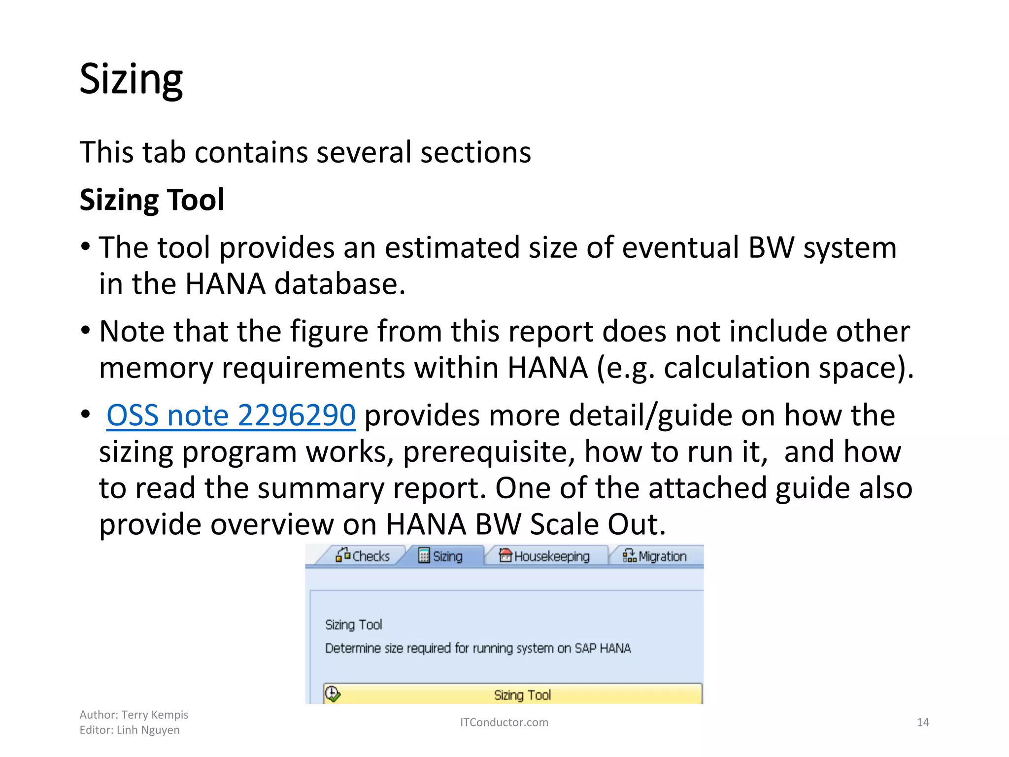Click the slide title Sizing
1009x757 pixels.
pyautogui.click(x=131, y=80)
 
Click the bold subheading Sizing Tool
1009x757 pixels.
pyautogui.click(x=152, y=200)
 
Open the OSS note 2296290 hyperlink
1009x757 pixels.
pyautogui.click(x=231, y=415)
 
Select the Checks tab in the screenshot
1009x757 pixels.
pyautogui.click(x=363, y=556)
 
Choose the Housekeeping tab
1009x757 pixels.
pyautogui.click(x=544, y=556)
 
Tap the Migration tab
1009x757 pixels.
pyautogui.click(x=655, y=556)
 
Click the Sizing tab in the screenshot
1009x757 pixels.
pyautogui.click(x=441, y=556)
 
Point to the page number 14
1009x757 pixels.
pyautogui.click(x=922, y=723)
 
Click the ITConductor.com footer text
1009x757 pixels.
pyautogui.click(x=504, y=723)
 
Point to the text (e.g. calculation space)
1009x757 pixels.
pyautogui.click(x=755, y=368)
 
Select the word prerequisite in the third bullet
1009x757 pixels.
pyautogui.click(x=489, y=452)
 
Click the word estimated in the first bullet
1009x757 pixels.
pyautogui.click(x=452, y=247)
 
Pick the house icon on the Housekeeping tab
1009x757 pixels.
pyautogui.click(x=505, y=555)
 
